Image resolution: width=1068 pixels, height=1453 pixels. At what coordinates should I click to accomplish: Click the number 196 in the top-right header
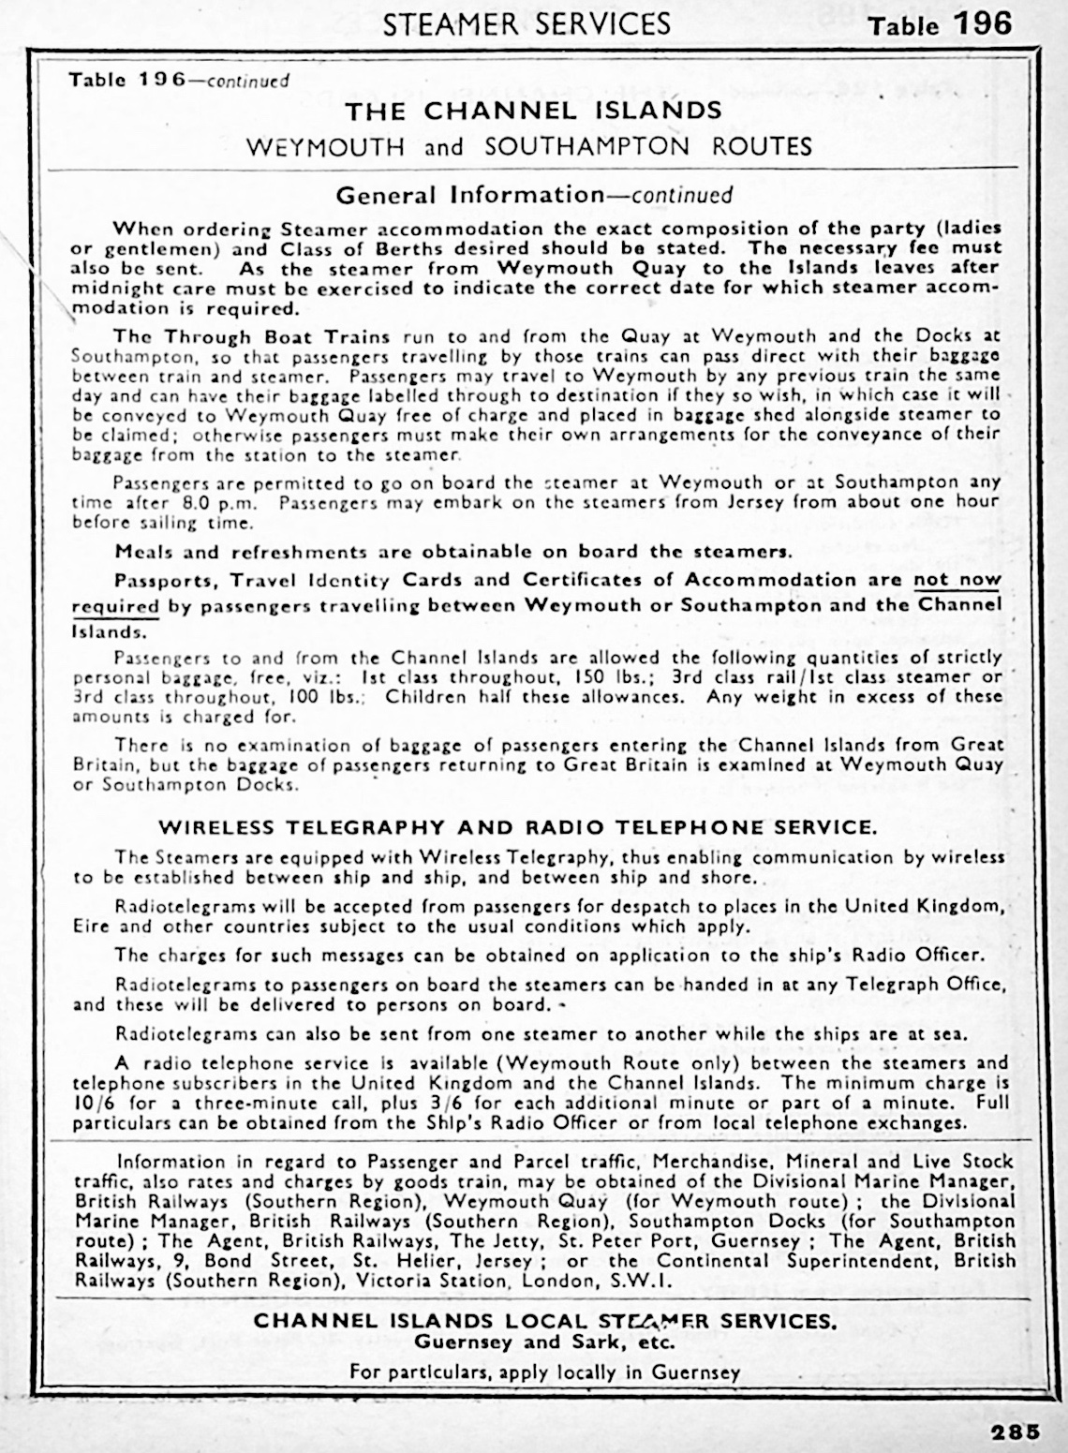pyautogui.click(x=983, y=23)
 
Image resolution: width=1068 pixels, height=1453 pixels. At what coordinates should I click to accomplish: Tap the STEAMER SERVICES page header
pyautogui.click(x=527, y=23)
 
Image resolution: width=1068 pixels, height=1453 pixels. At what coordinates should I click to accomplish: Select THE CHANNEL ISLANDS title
pyautogui.click(x=533, y=111)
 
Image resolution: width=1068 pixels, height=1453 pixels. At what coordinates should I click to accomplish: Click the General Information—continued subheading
pyautogui.click(x=533, y=195)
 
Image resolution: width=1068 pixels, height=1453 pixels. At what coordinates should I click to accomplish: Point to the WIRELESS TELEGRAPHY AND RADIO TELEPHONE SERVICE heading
pyautogui.click(x=517, y=827)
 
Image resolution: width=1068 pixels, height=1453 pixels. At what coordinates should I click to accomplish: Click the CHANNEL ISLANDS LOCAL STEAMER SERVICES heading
pyautogui.click(x=545, y=1321)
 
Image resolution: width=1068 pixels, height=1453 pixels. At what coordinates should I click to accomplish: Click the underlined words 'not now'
pyautogui.click(x=957, y=580)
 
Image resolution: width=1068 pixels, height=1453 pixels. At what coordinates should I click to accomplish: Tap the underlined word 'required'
pyautogui.click(x=114, y=606)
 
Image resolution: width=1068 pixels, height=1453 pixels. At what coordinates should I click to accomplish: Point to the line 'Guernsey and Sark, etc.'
pyautogui.click(x=544, y=1342)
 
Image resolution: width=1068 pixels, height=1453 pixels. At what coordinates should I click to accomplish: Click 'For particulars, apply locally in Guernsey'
pyautogui.click(x=544, y=1372)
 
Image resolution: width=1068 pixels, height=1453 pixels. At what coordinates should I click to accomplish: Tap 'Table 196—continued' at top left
pyautogui.click(x=179, y=80)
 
